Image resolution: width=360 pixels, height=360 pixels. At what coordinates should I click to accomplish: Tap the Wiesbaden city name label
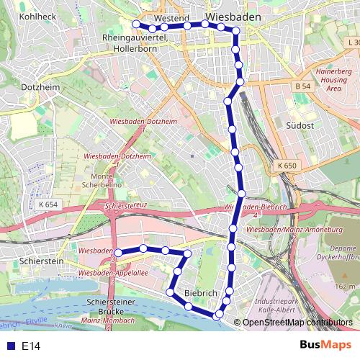point(233,14)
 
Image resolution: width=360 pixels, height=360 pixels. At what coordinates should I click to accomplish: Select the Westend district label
point(171,17)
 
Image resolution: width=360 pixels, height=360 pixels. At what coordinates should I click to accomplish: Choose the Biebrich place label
point(201,293)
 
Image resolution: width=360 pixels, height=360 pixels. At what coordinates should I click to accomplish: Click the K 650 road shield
point(286,166)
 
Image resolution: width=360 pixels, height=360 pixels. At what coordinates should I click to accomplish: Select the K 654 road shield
point(48,204)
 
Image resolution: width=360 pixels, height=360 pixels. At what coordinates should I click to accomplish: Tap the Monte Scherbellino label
point(107,181)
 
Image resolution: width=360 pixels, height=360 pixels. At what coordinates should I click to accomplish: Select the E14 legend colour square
point(8,346)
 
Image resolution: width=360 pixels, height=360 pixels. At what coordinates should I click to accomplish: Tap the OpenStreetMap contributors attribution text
point(297,323)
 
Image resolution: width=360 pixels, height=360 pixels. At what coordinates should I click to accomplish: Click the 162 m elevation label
point(345,287)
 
